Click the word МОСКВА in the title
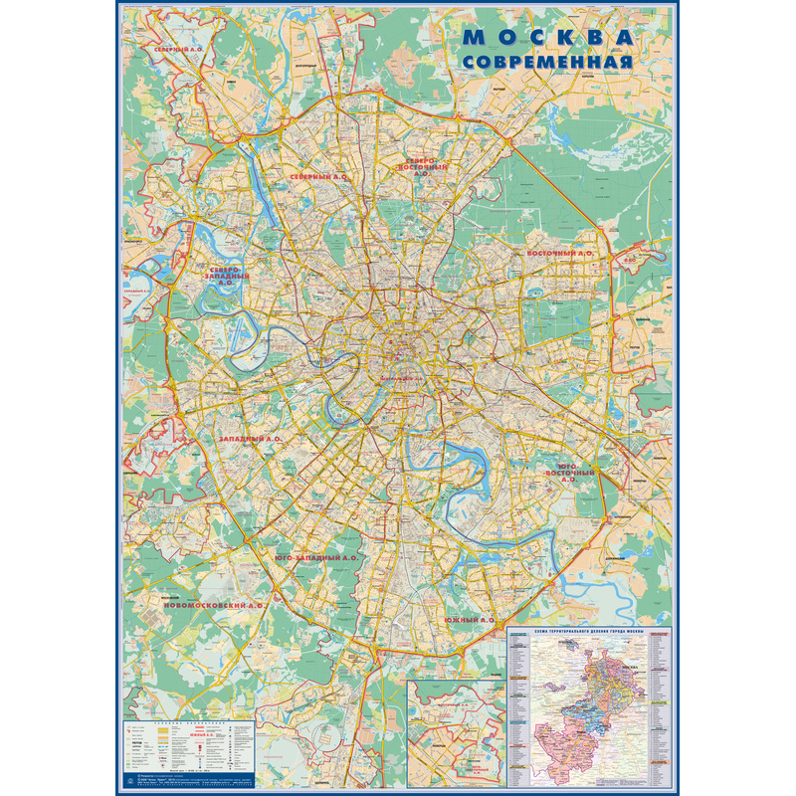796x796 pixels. click(549, 38)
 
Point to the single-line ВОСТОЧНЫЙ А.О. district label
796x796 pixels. click(559, 254)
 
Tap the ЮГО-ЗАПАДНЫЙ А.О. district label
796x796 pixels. click(316, 558)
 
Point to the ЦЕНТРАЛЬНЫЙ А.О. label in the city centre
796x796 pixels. click(400, 379)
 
